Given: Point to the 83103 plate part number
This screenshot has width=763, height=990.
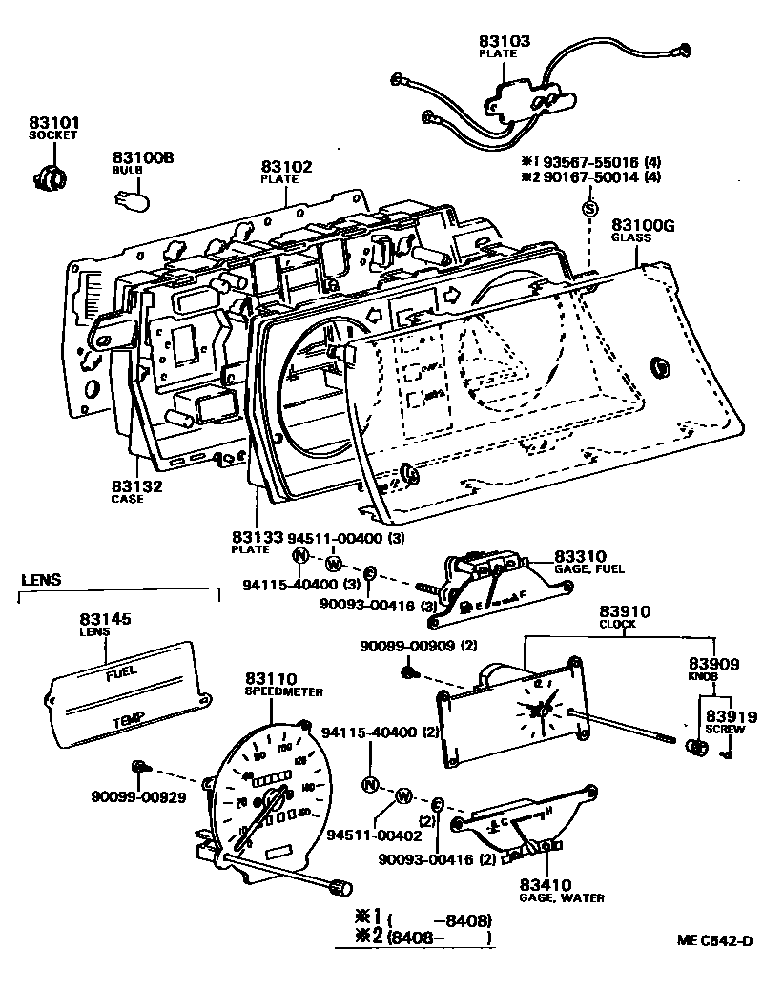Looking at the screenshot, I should coord(505,41).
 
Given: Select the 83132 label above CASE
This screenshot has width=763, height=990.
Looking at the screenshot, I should coord(137,485).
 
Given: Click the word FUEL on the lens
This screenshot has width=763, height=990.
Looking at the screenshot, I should coord(122,673).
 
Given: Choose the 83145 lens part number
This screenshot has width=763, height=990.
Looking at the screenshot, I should coord(107,620).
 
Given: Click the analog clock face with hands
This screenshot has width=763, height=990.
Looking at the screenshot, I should coord(538,709).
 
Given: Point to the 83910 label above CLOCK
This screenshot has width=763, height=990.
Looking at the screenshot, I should coord(625,610).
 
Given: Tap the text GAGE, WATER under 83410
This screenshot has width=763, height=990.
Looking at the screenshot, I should coord(562,897).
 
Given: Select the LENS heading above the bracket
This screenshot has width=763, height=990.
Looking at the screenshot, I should coord(40,579).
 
